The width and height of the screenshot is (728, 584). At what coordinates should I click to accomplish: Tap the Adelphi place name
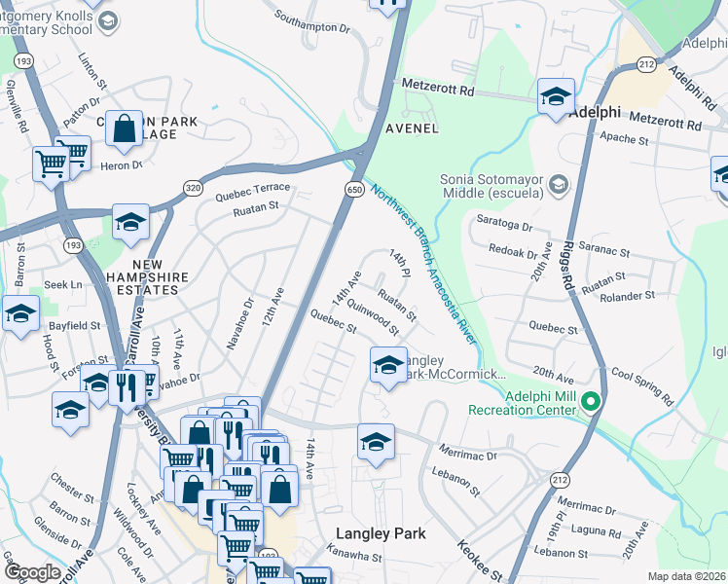[x=595, y=112]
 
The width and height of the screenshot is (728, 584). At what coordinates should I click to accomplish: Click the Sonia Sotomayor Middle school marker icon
[x=559, y=183]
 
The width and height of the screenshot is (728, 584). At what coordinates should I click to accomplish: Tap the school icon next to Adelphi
[x=556, y=96]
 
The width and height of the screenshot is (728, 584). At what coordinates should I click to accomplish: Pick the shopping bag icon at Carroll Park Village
[x=126, y=129]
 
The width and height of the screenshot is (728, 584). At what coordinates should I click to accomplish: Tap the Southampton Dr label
[x=311, y=22]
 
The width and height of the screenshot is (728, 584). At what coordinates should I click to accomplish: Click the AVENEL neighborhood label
[x=412, y=128]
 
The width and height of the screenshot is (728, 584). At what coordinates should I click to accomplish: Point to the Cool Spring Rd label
[x=642, y=385]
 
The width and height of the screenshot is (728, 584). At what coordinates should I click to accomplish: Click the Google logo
[x=32, y=572]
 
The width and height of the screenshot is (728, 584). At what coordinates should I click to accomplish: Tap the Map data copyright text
[x=686, y=576]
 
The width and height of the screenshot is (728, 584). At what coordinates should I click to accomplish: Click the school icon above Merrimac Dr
[x=376, y=441]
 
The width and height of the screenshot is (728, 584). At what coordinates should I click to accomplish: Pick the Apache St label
[x=628, y=140]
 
